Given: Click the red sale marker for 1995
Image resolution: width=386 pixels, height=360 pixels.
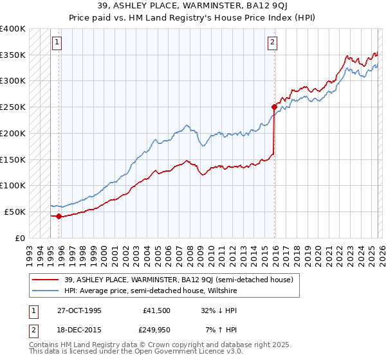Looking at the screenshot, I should [59, 216].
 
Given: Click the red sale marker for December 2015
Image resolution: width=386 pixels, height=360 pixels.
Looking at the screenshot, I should [274, 107].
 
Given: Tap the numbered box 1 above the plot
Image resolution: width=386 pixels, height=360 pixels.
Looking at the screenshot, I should [57, 42].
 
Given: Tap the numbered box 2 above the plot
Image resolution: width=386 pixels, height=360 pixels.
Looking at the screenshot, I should [272, 42].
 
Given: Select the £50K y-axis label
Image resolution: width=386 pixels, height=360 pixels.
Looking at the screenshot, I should [15, 212].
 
